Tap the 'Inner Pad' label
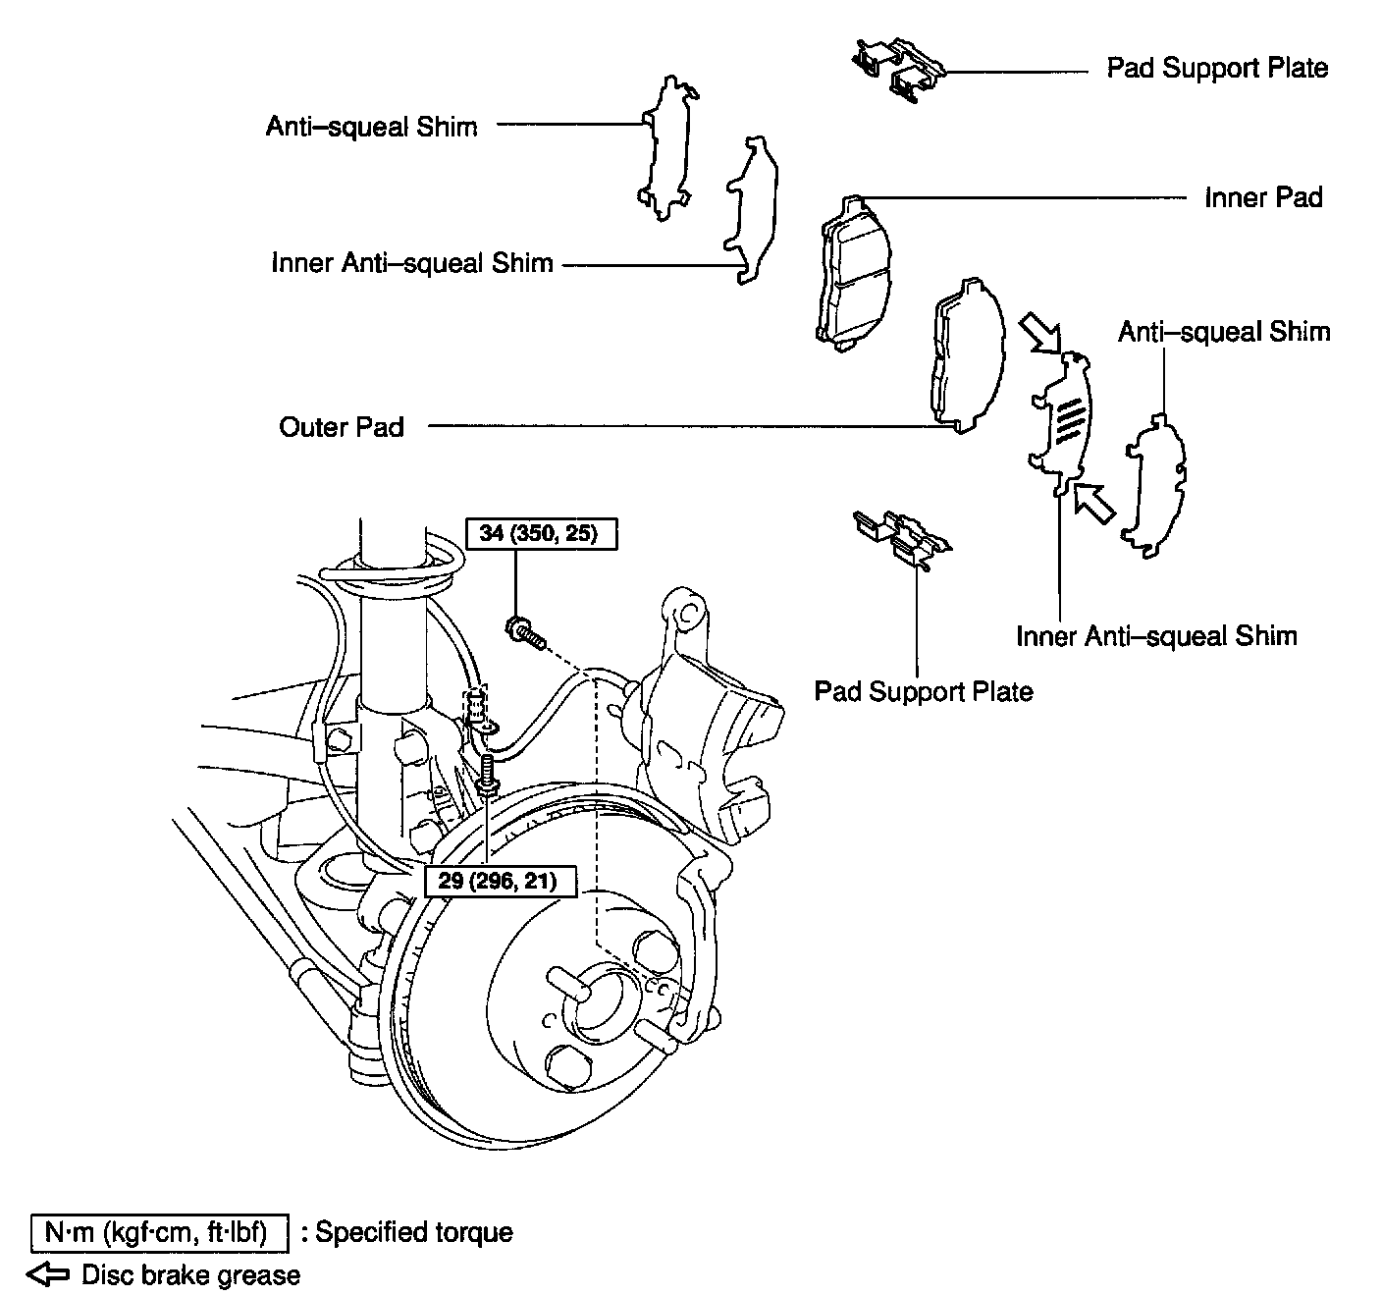(x=1263, y=197)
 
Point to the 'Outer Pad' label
(x=342, y=426)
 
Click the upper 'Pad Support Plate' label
(x=1217, y=68)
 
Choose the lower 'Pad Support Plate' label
(x=924, y=691)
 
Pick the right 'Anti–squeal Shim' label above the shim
(x=1224, y=332)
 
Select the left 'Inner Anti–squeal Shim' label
(x=412, y=263)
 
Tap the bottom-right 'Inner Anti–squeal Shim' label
(x=1156, y=635)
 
